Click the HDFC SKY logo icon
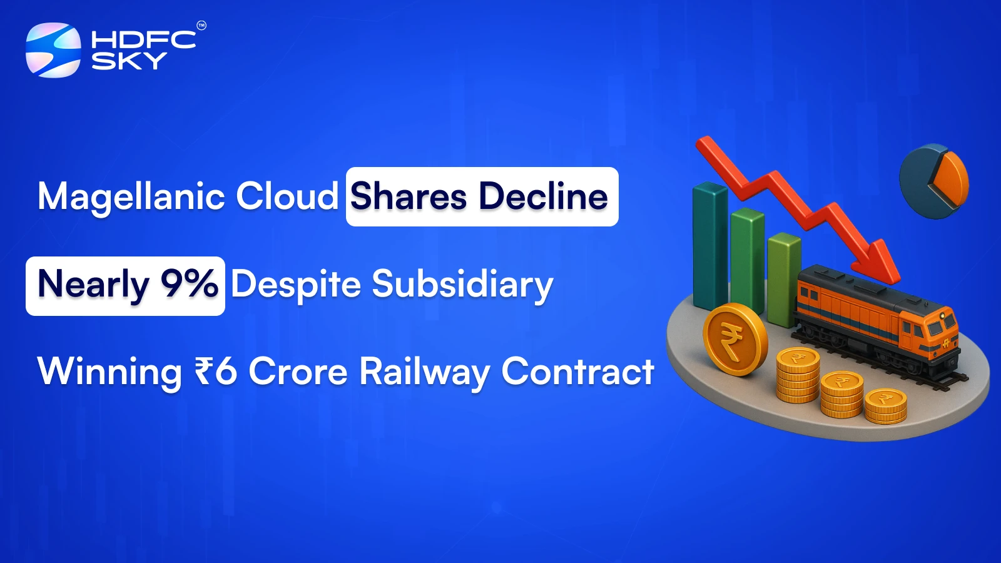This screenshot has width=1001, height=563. (53, 50)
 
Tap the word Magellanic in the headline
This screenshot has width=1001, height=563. (131, 197)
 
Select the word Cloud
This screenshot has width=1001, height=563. (287, 196)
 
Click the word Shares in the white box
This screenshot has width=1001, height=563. (409, 196)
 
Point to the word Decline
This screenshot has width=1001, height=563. (543, 196)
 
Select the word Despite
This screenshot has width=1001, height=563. (296, 285)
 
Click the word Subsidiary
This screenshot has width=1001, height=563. (462, 285)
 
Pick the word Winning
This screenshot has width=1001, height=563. (109, 372)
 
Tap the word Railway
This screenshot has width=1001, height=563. (424, 372)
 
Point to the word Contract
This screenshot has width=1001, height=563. (577, 372)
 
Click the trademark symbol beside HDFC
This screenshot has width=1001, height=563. (201, 26)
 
